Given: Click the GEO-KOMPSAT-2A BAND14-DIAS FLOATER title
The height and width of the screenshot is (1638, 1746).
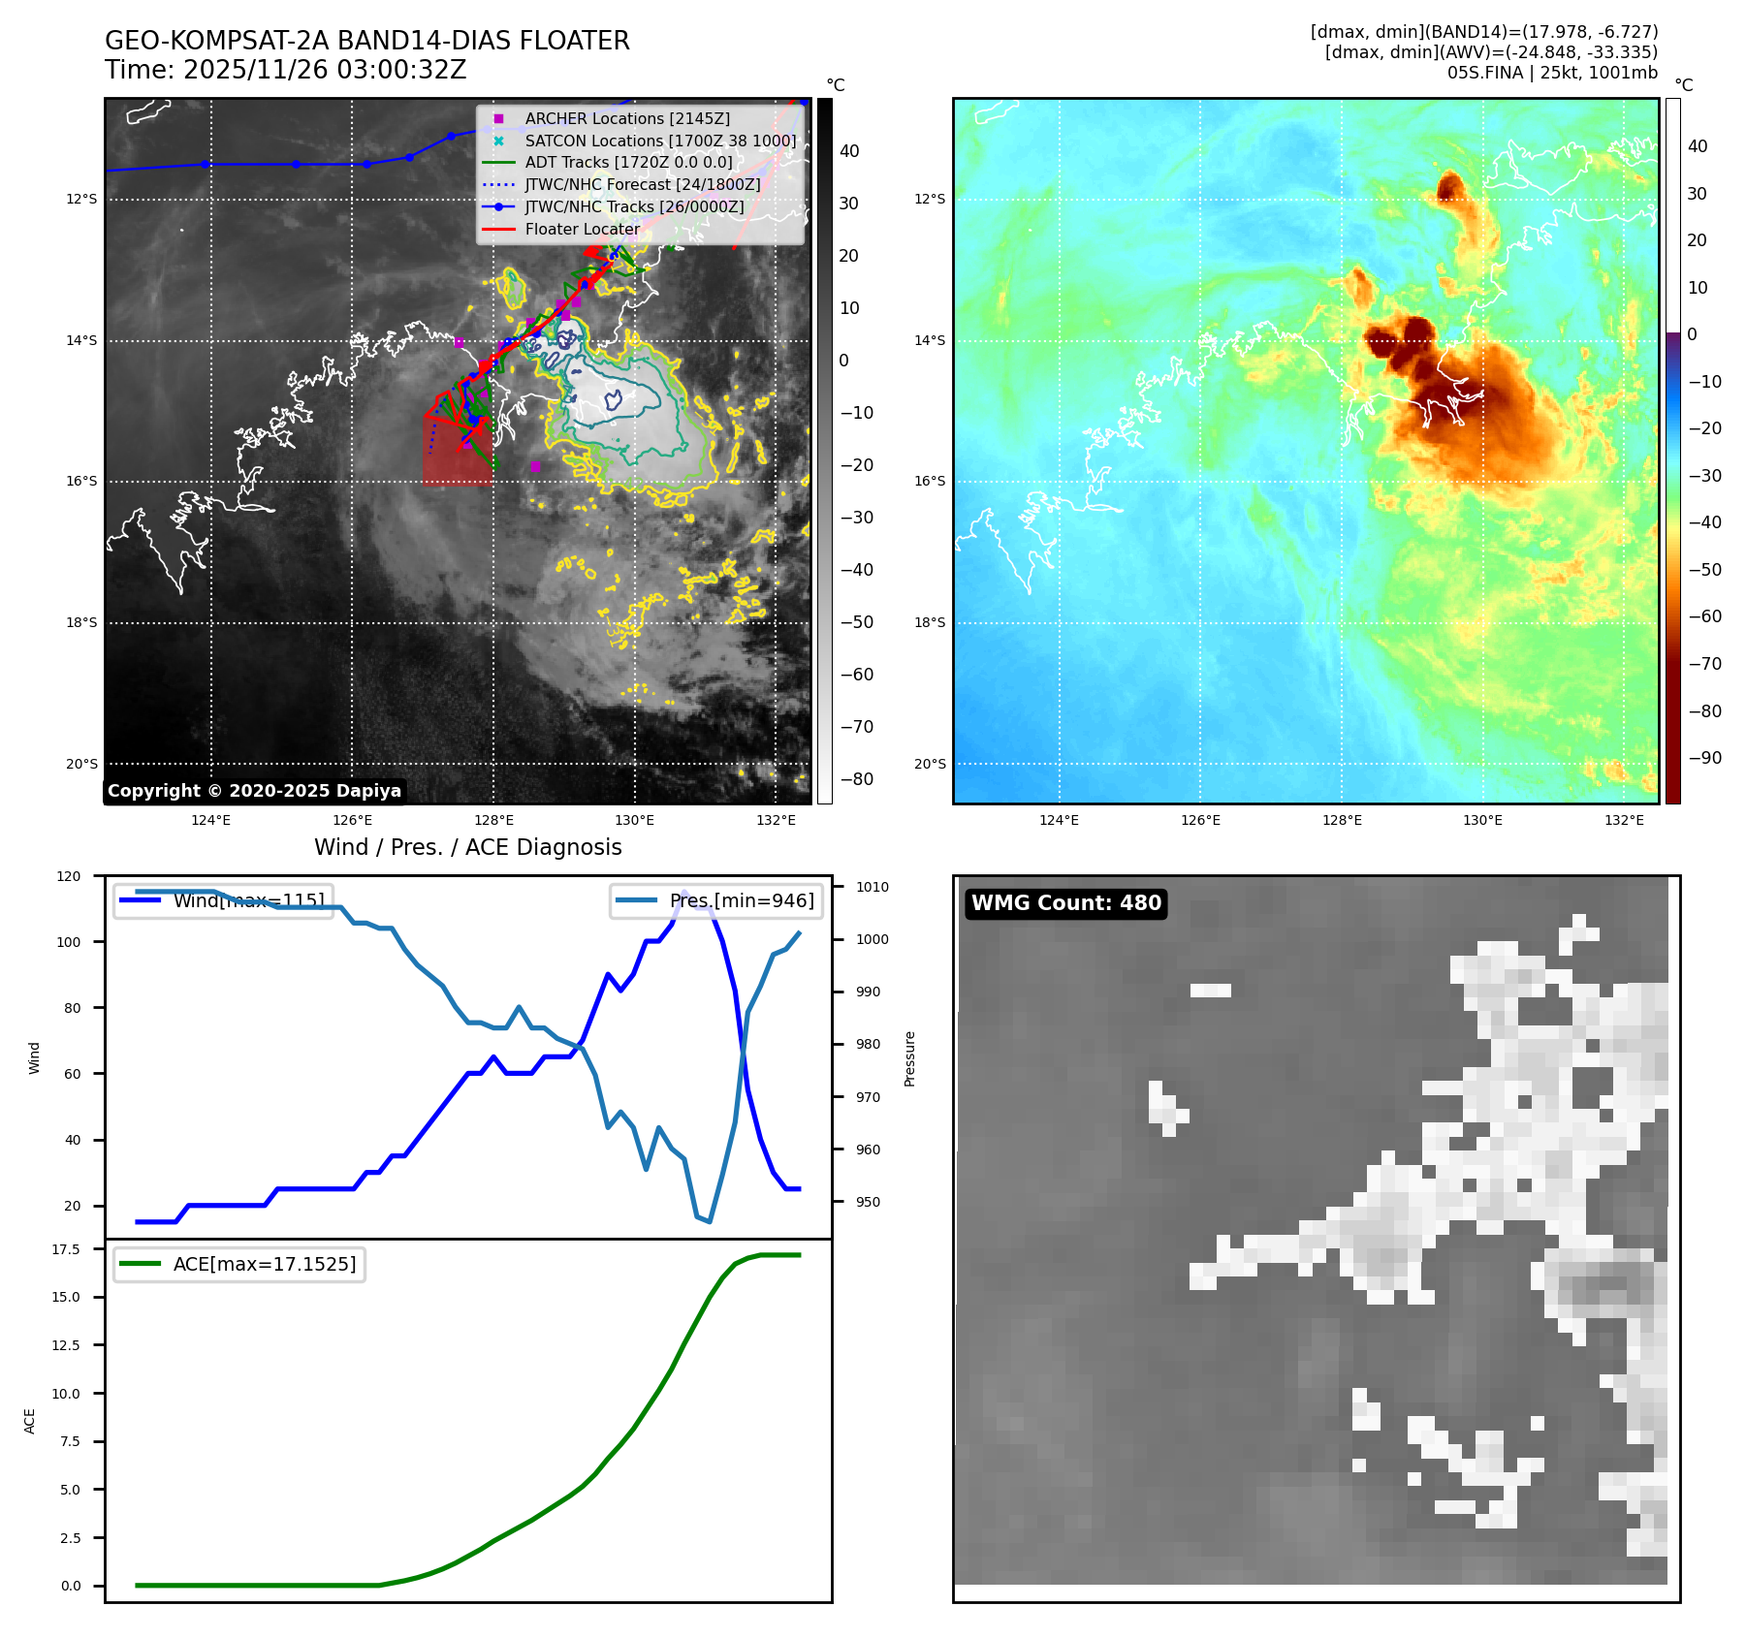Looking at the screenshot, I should (x=366, y=41).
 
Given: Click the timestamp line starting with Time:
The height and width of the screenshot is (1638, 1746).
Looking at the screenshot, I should (x=285, y=71).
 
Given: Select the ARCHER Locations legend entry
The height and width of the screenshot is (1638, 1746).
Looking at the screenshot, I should (x=626, y=118).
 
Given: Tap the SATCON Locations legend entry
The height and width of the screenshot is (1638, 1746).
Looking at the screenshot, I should (x=659, y=141).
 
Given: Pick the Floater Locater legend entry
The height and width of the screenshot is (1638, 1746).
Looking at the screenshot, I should (x=582, y=230).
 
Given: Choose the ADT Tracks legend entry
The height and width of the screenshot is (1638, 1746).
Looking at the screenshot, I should (x=628, y=163).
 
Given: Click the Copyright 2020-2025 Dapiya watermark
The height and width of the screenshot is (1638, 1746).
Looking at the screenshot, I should (x=254, y=791).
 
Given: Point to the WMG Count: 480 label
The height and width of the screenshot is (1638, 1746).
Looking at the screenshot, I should (x=1065, y=903).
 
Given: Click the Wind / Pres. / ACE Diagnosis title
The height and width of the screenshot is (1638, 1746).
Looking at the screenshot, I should (x=467, y=847).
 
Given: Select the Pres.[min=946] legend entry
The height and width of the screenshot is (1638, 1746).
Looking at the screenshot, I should (x=741, y=900).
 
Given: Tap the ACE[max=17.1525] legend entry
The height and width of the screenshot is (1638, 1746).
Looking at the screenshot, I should (x=264, y=1264).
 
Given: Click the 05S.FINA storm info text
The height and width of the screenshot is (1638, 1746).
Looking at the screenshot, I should (x=1551, y=73).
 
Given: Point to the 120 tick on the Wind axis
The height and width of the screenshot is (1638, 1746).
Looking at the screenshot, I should (x=69, y=876).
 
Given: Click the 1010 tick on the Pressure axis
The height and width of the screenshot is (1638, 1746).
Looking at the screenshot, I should (x=872, y=887).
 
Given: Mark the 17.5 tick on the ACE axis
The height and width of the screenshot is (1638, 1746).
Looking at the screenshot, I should (x=66, y=1249).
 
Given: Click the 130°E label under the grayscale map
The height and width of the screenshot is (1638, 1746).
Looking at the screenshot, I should (x=634, y=821).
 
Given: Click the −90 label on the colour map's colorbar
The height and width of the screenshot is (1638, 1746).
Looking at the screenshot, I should (x=1704, y=758).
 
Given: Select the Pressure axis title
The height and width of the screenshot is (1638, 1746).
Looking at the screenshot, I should (x=909, y=1058).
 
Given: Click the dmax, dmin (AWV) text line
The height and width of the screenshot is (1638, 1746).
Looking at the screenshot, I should (x=1490, y=52).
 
